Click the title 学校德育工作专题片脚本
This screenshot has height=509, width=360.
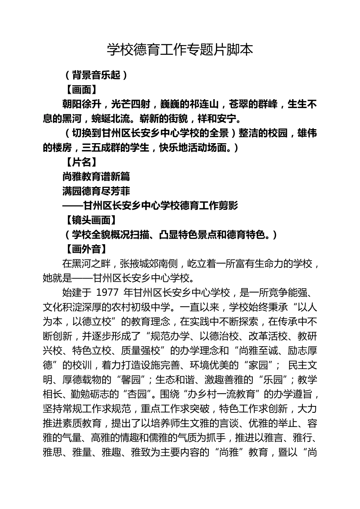point(180,50)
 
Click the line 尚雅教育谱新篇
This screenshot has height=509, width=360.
point(96,176)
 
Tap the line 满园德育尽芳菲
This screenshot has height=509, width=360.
point(96,191)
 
